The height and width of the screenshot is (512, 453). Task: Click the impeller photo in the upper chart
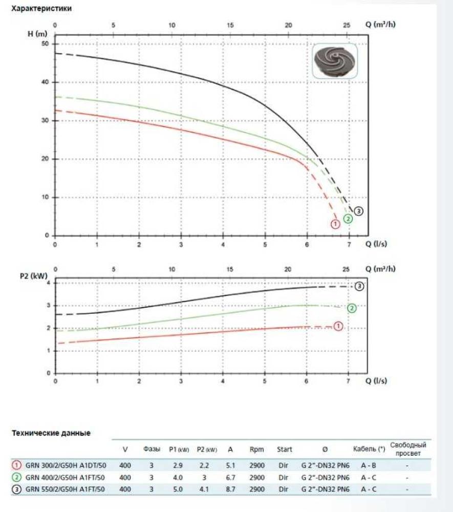(x=333, y=61)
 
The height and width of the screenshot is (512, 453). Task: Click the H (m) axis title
(x=37, y=34)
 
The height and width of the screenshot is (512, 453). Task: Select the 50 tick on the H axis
(x=45, y=44)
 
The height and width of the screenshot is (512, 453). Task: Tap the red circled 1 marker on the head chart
(x=335, y=224)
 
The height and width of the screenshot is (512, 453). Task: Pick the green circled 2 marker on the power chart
(x=352, y=308)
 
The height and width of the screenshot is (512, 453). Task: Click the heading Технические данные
(x=51, y=433)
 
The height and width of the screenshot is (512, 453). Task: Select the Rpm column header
(x=256, y=450)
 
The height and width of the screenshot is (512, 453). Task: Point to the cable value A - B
(x=369, y=466)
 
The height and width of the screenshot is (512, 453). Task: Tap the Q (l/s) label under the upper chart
(x=376, y=244)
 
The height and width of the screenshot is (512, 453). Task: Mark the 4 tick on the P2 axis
(x=48, y=283)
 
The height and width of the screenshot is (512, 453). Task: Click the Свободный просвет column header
(x=408, y=449)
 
